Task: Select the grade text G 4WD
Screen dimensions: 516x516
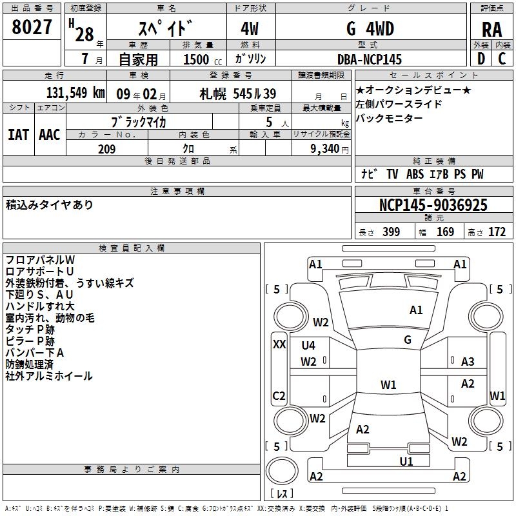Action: (x=370, y=30)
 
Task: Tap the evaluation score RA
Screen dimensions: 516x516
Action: (x=491, y=30)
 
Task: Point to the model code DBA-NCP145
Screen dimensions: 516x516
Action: (x=370, y=59)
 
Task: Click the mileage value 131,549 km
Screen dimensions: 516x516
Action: (x=76, y=92)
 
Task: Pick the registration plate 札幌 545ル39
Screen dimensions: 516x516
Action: (x=238, y=93)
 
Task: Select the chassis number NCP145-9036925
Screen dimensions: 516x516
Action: (x=433, y=205)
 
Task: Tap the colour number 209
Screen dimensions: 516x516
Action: (x=106, y=149)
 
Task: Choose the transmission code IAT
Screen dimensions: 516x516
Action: (x=18, y=134)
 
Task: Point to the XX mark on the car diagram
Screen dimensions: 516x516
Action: (x=279, y=344)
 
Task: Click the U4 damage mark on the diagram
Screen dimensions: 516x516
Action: (x=308, y=345)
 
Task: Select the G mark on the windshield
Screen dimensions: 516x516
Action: (x=407, y=340)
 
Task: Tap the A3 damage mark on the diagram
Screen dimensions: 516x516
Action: (x=468, y=361)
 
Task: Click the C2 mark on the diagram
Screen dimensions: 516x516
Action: (x=279, y=395)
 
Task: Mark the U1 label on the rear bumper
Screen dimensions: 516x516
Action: (x=406, y=461)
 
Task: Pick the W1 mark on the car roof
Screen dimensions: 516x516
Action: (x=388, y=385)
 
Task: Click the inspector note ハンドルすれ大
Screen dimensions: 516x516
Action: (x=40, y=306)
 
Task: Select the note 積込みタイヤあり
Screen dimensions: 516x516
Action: (x=50, y=205)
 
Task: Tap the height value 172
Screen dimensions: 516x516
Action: (x=497, y=232)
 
